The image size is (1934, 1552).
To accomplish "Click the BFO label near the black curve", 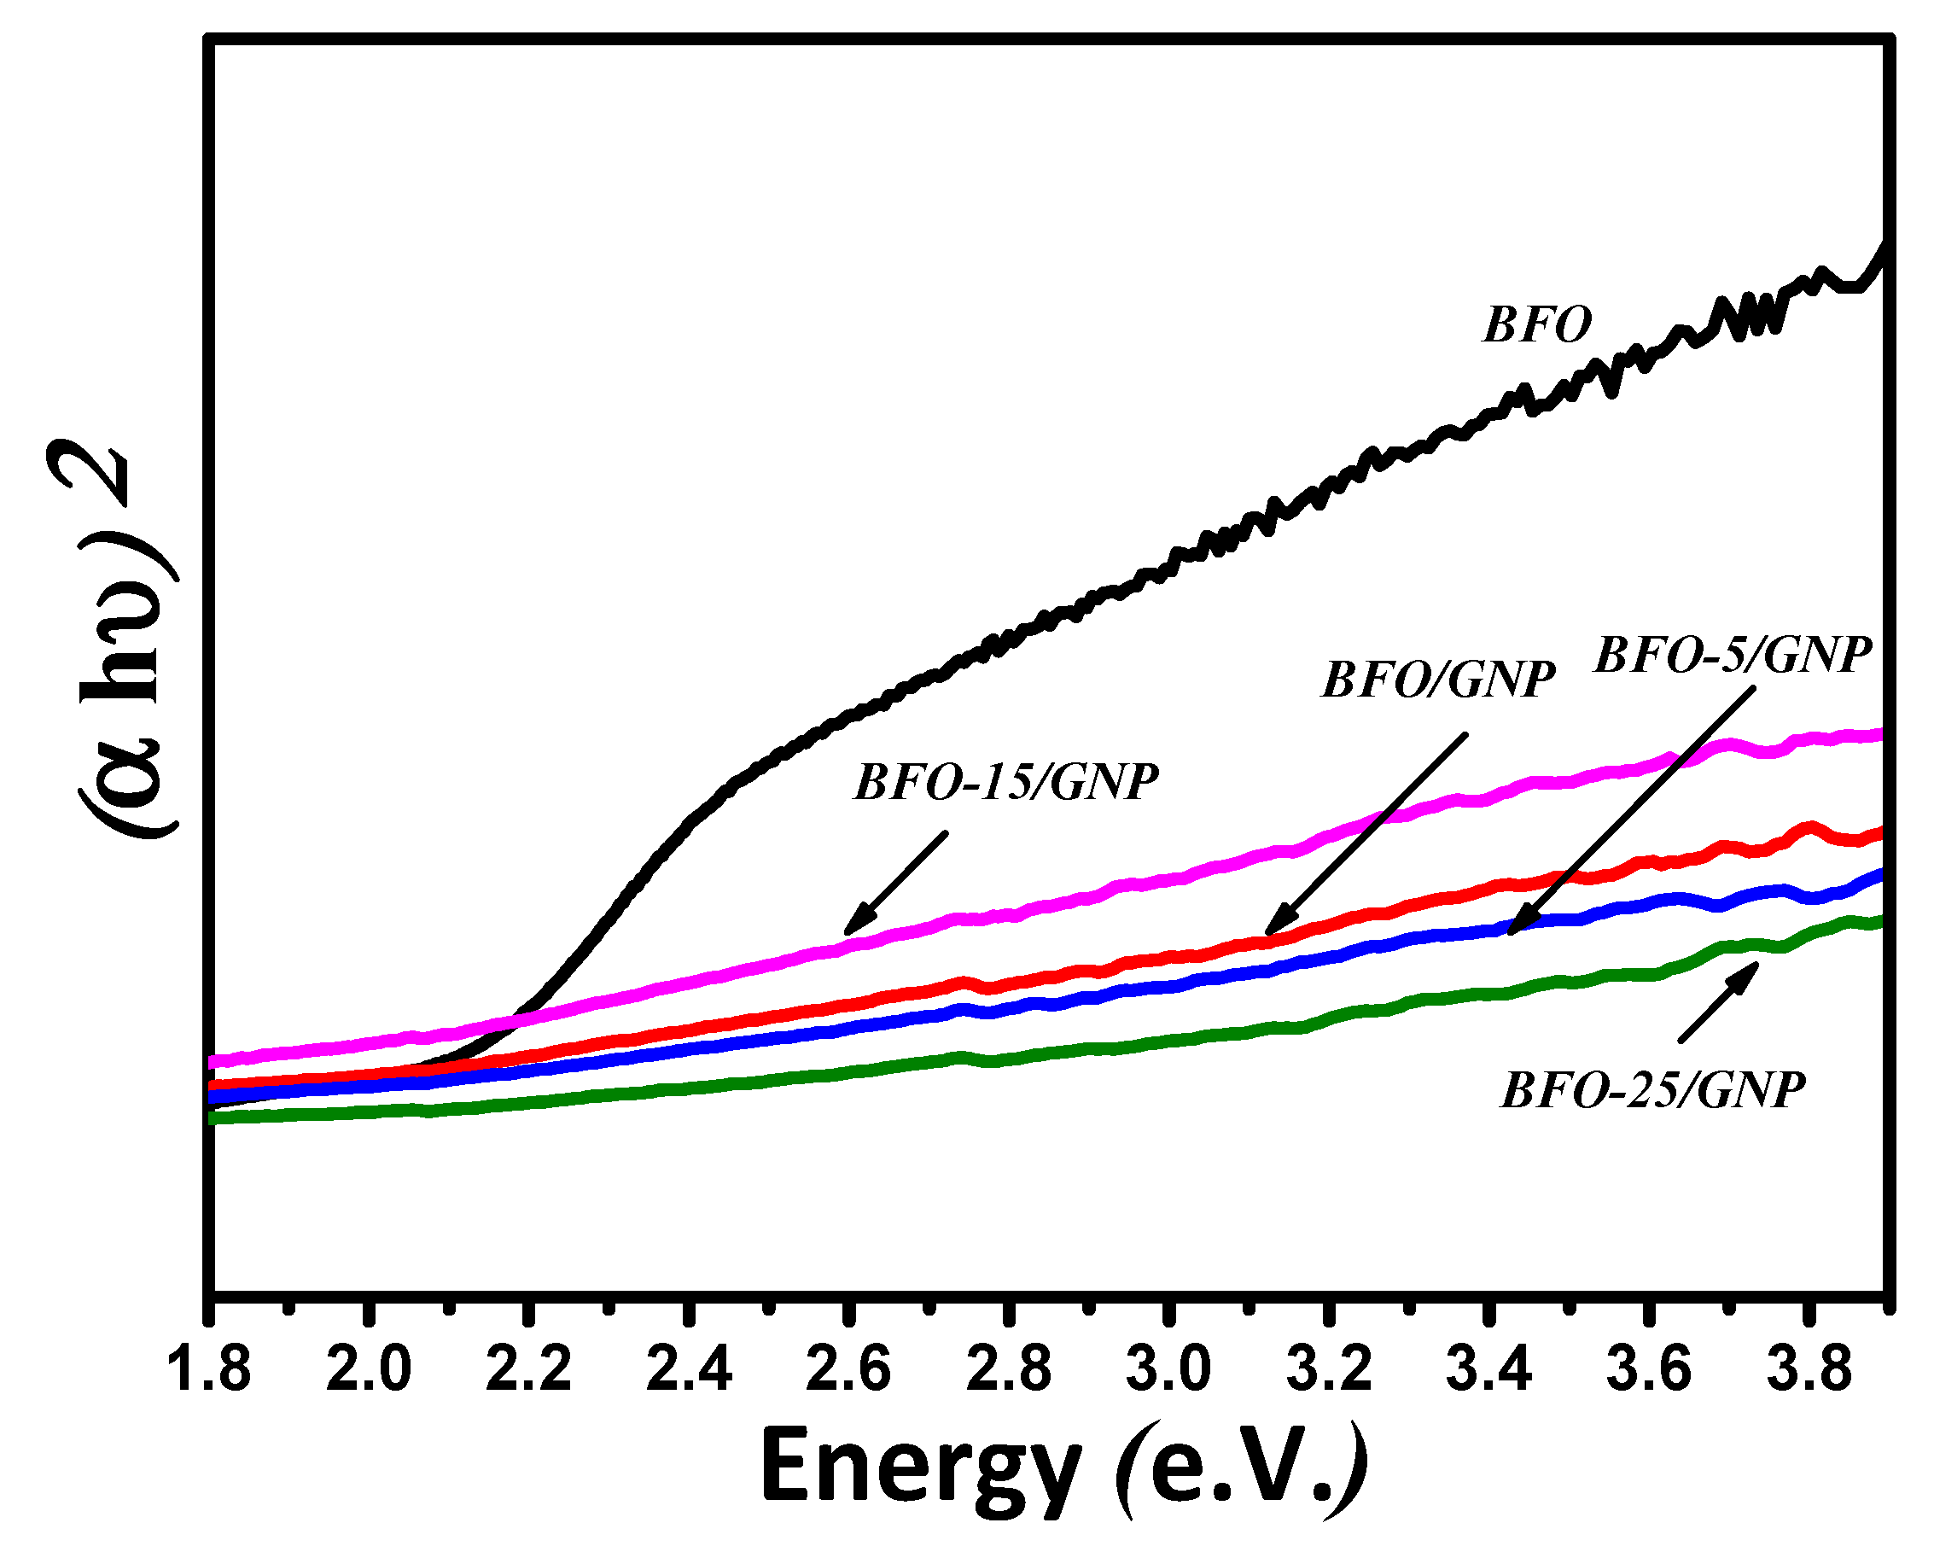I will coord(1536,324).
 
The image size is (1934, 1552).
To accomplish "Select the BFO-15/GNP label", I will coord(1005,782).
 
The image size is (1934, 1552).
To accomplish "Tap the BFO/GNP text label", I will coord(1438,680).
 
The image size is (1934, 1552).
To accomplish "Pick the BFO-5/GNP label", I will coord(1733,655).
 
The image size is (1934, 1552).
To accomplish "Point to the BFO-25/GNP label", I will coord(1652,1092).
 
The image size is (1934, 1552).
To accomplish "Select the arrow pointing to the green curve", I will coord(1718,1002).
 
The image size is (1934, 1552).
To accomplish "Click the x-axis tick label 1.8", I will coord(209,1371).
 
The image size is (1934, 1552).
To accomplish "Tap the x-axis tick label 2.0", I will coord(369,1371).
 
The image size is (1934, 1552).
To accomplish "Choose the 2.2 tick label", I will coord(528,1371).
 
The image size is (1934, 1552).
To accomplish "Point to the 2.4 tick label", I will coord(689,1371).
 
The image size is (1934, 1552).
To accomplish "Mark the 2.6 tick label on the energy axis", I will coord(848,1371).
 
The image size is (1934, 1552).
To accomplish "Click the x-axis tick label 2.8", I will coord(1009,1371).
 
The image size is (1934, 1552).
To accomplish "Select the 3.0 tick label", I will coord(1168,1371).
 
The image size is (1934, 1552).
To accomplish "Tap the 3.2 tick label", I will coord(1330,1371).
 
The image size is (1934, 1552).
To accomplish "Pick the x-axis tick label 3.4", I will coord(1489,1371).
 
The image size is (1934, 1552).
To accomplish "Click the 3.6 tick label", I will coord(1649,1371).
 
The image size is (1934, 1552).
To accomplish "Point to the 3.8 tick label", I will coord(1809,1371).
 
